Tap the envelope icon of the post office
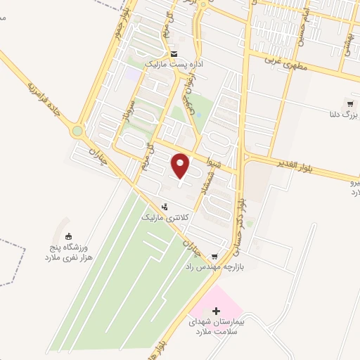174,54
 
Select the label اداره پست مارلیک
173,65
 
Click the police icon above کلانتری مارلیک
164,207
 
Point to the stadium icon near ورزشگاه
68,236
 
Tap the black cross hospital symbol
216,310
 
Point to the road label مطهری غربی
285,63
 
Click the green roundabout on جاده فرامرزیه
77,131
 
